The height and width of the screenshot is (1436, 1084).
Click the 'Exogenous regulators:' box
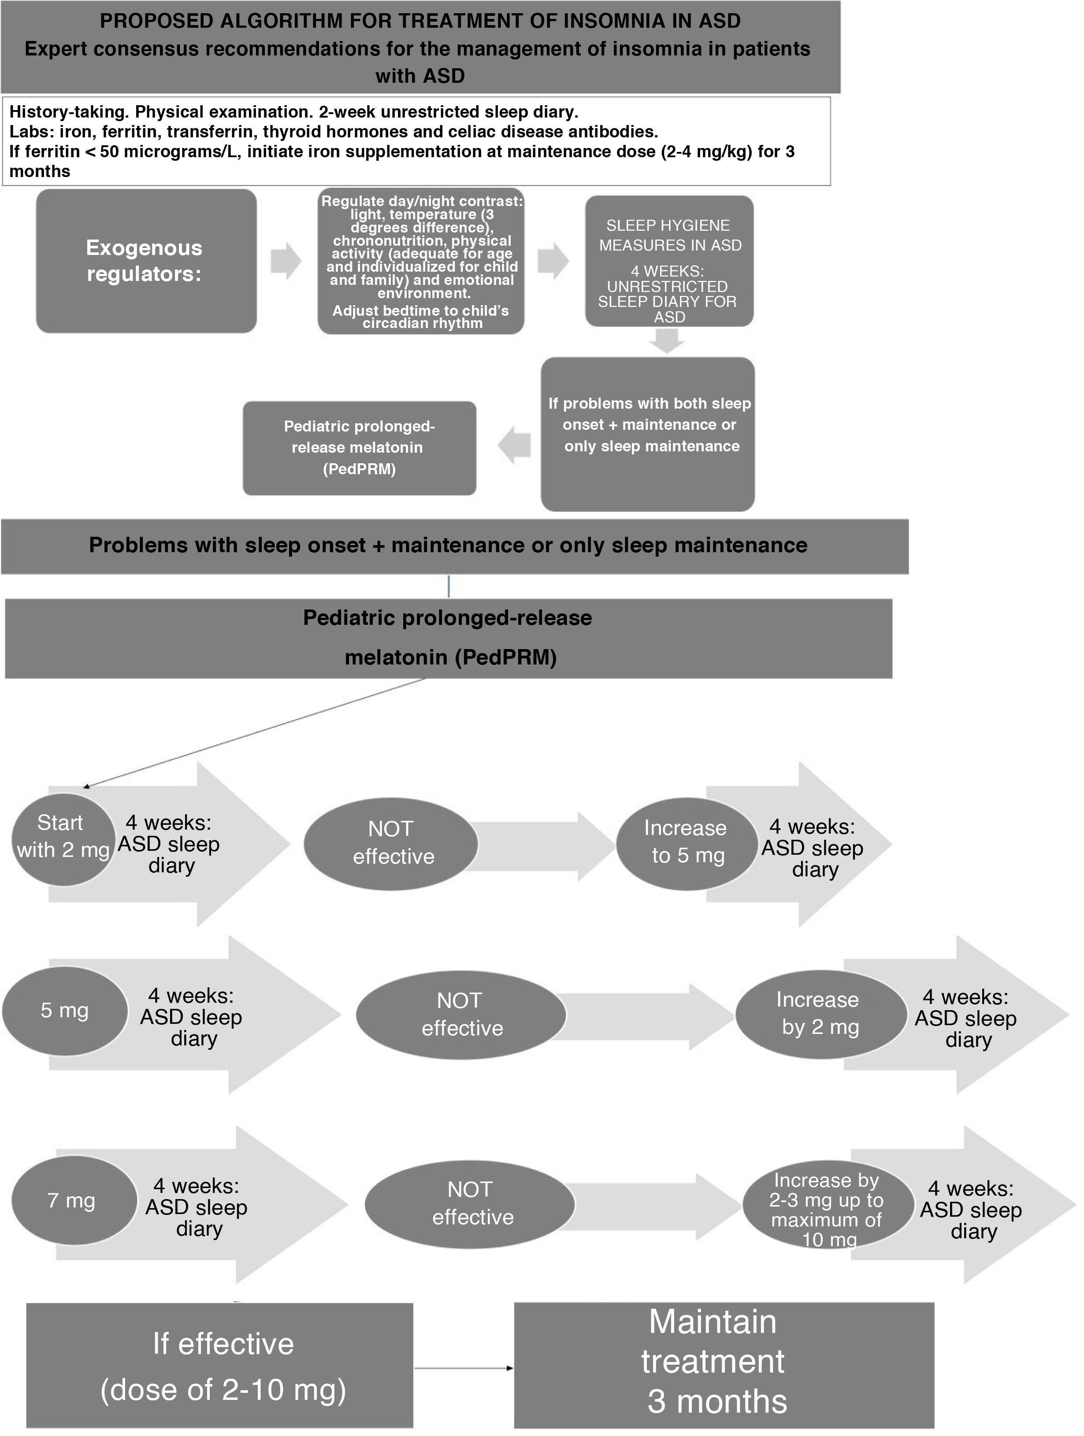146,261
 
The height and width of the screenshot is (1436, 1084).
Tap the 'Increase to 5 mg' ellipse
687,843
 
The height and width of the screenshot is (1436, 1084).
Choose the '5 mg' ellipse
64,1011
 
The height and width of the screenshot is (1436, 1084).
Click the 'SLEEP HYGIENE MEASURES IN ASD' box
669,261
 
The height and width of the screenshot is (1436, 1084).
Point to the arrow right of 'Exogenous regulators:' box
286,261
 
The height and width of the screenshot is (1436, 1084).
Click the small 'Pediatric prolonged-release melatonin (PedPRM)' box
359,448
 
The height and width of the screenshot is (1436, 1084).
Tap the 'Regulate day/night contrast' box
421,261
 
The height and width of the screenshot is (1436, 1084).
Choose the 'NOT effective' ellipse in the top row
391,843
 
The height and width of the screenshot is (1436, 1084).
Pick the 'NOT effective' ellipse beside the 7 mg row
470,1203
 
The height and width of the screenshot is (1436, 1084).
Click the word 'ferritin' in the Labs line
126,132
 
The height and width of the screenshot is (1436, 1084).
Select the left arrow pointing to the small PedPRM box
514,445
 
